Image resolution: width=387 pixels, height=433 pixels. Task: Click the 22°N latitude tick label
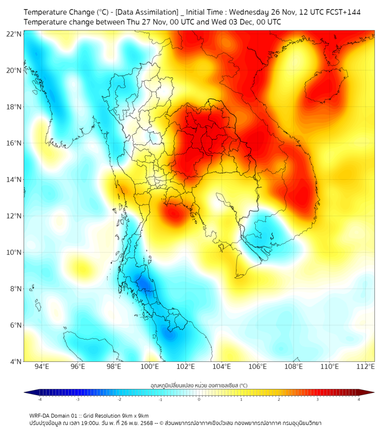tap(15, 34)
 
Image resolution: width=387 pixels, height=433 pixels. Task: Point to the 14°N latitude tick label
tap(15, 180)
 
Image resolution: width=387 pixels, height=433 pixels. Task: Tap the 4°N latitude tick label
tap(16, 362)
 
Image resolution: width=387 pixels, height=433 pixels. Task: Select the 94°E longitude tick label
tap(42, 367)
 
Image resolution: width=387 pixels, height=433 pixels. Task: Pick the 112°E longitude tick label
tap(365, 367)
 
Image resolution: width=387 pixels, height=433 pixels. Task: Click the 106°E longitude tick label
tap(258, 367)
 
